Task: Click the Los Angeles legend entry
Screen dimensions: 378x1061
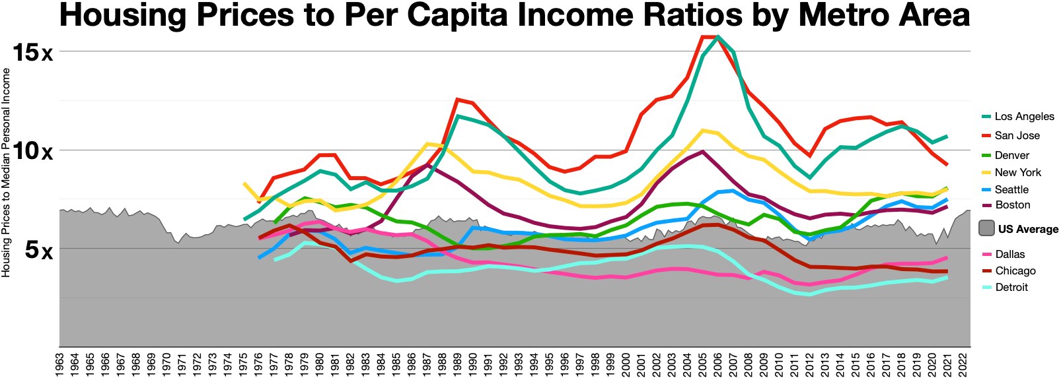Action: point(1024,116)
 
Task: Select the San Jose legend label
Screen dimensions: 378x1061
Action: point(1017,135)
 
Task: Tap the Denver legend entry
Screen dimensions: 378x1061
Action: point(1011,155)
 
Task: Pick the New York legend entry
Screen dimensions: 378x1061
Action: point(1017,172)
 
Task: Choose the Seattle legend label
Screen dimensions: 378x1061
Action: point(1011,189)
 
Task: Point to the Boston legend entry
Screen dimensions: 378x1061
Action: point(1012,205)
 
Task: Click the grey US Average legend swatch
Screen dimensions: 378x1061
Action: point(986,229)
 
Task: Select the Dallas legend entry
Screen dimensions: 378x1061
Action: point(1009,254)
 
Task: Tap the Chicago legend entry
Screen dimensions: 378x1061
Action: point(1015,270)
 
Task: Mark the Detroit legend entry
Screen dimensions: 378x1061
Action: point(1011,287)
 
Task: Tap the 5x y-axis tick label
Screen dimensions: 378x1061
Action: point(38,250)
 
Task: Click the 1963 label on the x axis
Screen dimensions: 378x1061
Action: point(60,365)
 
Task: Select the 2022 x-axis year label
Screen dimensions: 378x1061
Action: point(963,365)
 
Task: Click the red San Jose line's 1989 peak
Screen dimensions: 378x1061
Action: point(457,100)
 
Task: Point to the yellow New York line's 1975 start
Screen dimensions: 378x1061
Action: point(244,184)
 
